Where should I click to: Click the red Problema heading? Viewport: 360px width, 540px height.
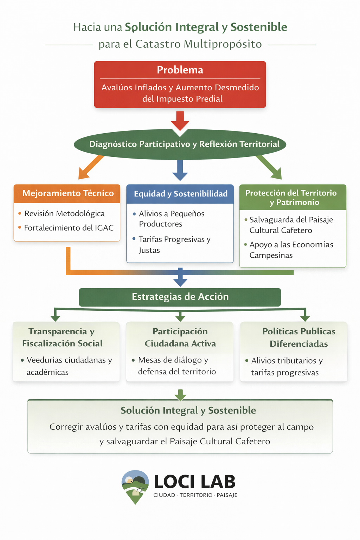(x=180, y=70)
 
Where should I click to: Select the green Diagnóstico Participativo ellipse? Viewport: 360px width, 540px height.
(x=180, y=144)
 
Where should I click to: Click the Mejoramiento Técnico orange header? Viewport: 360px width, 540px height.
(x=68, y=193)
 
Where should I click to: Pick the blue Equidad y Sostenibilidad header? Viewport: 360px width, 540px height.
(x=180, y=194)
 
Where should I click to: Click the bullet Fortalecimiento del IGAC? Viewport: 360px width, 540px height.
(x=69, y=228)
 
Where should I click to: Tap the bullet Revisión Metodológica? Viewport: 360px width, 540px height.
(x=64, y=213)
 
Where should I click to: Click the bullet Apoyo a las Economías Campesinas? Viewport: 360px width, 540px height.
(x=291, y=250)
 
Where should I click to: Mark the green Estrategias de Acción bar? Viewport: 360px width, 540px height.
(x=180, y=297)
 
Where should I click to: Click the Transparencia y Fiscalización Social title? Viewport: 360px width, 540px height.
(x=62, y=337)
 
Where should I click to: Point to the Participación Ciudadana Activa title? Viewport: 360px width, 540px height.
(x=180, y=337)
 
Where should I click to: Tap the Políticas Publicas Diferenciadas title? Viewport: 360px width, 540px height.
(x=299, y=337)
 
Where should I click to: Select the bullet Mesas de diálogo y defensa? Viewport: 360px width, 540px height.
(x=176, y=366)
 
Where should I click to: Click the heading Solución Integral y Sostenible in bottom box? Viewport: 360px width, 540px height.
(x=188, y=410)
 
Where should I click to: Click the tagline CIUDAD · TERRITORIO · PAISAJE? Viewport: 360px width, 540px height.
(x=195, y=495)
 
